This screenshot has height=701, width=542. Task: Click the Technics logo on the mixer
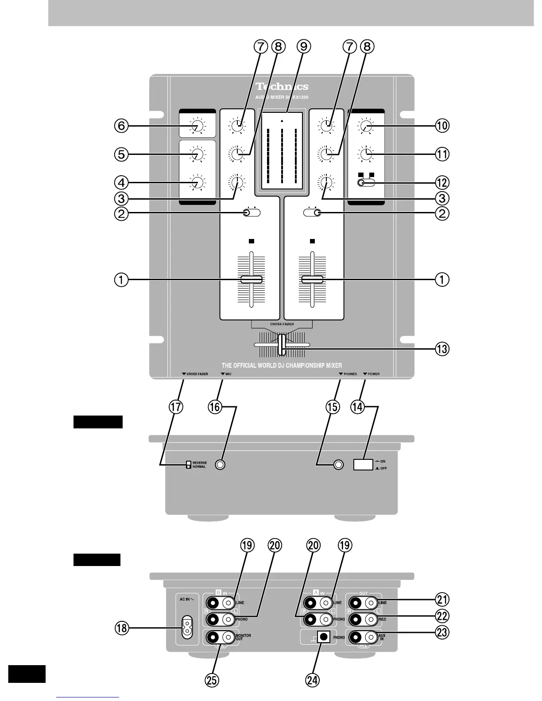coord(282,87)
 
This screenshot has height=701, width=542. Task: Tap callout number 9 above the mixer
coord(304,46)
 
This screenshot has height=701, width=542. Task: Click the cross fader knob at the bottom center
coord(282,345)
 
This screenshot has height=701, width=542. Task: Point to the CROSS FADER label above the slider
coord(282,324)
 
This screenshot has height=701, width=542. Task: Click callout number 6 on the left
coord(121,126)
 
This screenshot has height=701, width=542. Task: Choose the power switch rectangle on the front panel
coord(364,464)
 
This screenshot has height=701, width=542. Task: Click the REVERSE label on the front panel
coord(200,463)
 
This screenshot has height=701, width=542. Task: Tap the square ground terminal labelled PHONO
coord(324,637)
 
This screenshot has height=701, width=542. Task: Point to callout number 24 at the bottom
coord(313,680)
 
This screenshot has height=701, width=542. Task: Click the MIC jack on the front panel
coord(220,465)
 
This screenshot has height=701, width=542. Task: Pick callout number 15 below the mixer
coord(333,407)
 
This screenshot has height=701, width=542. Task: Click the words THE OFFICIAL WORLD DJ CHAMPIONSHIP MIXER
coord(282,366)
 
